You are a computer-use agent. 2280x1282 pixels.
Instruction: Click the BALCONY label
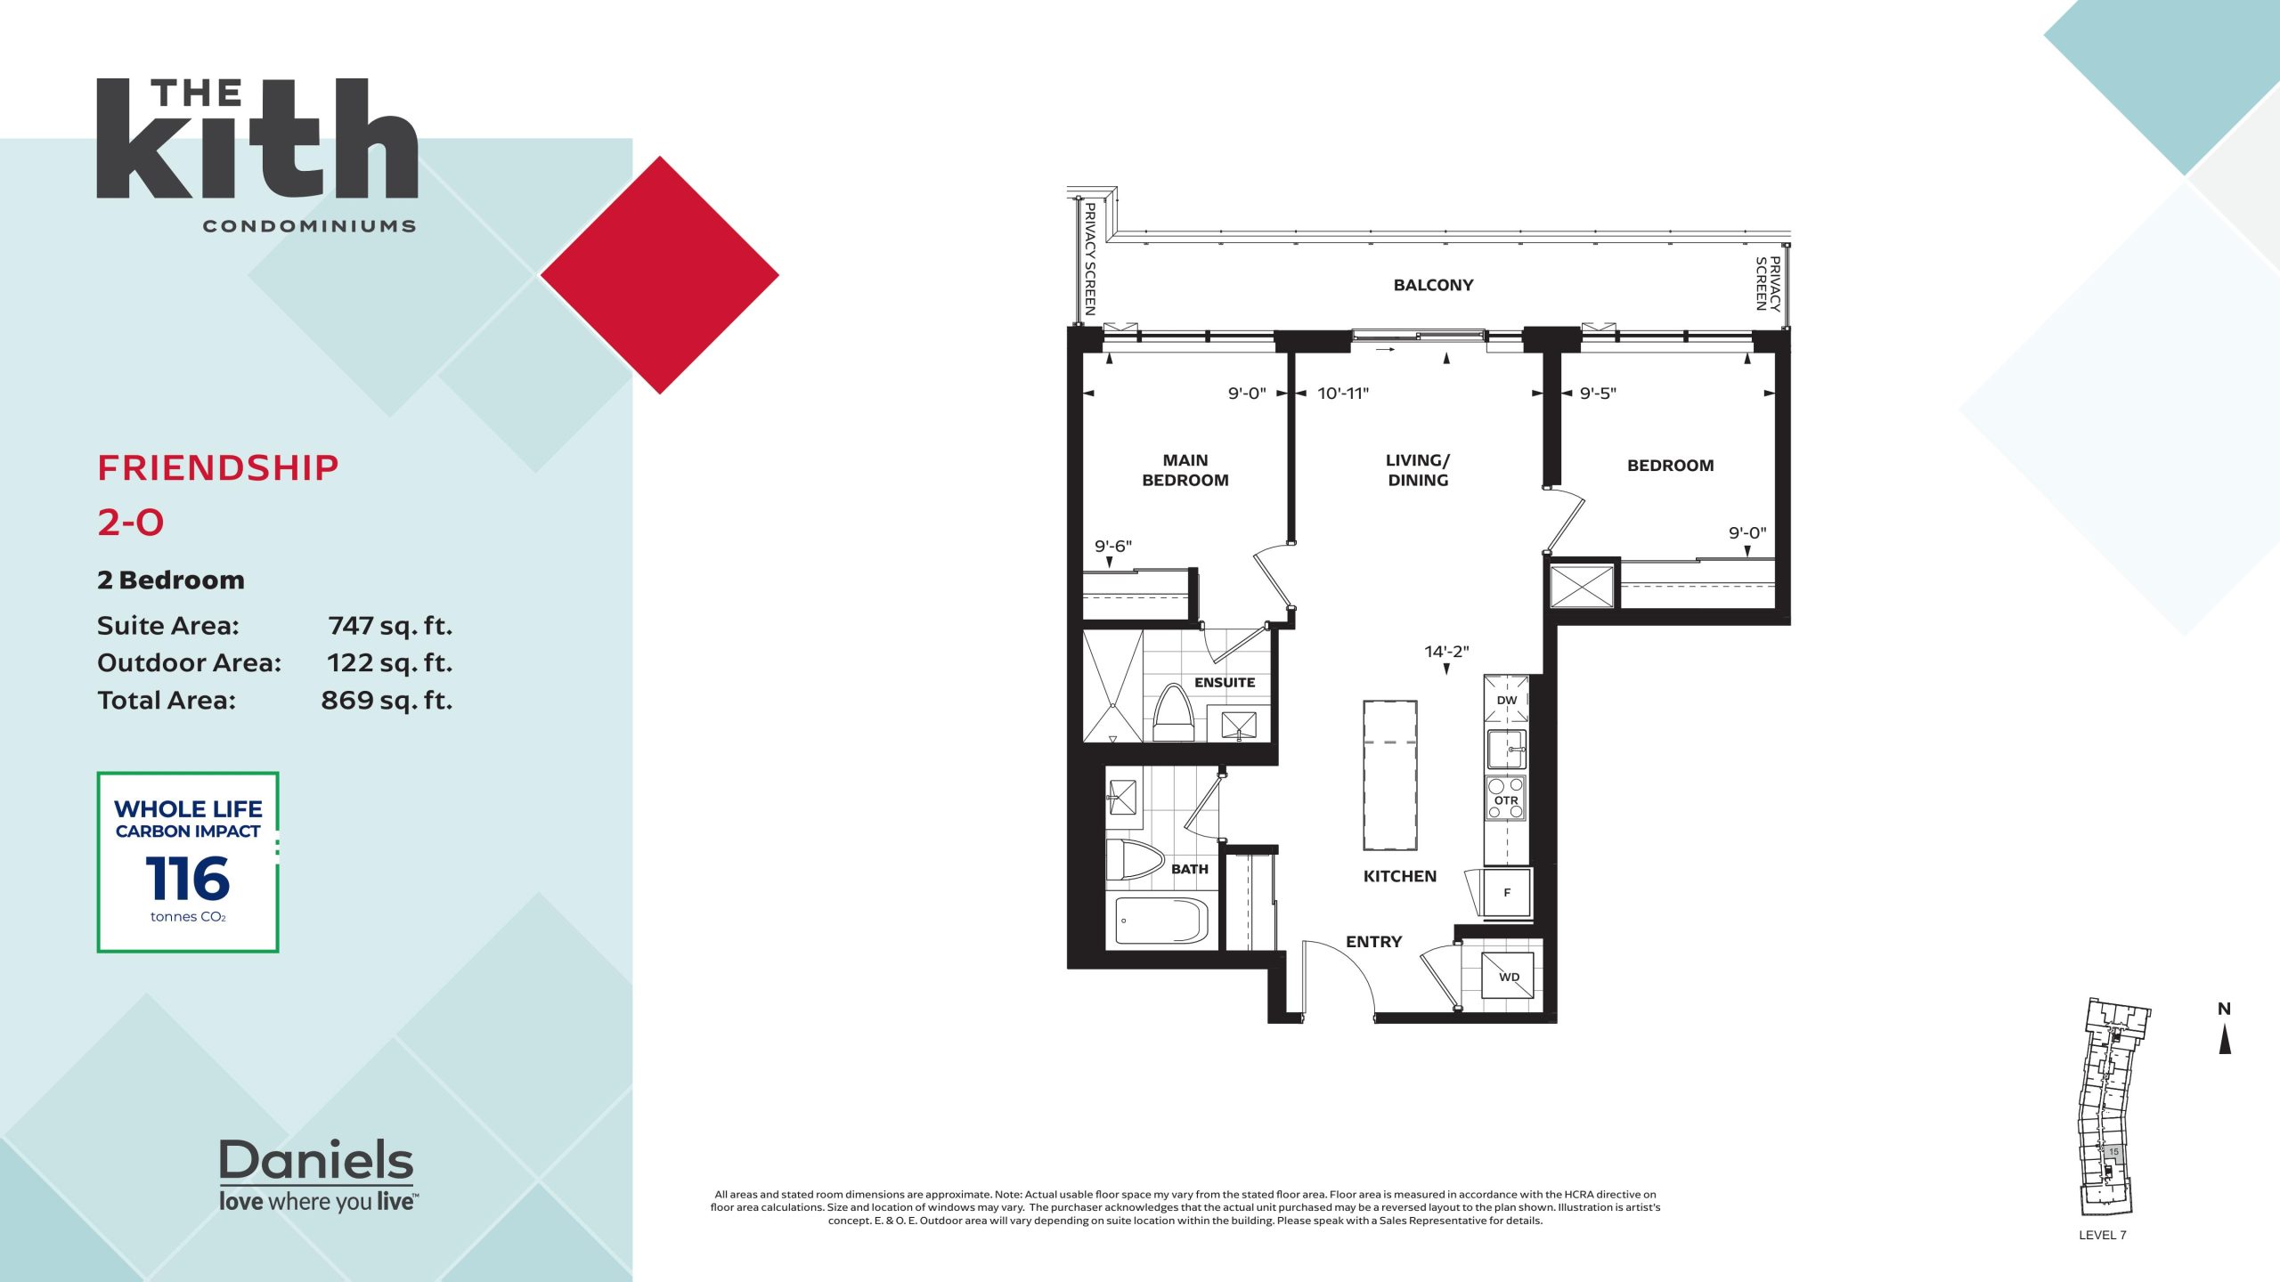[1433, 285]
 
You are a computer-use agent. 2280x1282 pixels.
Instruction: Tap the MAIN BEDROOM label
[1185, 470]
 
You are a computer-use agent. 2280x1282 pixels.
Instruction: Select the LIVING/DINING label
[1418, 470]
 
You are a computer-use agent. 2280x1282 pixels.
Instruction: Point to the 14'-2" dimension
[1446, 652]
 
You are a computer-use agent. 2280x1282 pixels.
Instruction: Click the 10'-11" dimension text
[1343, 394]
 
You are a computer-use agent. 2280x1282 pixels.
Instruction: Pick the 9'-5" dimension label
[1598, 394]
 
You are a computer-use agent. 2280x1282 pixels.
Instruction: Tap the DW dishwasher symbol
[1506, 699]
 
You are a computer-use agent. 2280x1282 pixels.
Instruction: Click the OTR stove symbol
[1506, 799]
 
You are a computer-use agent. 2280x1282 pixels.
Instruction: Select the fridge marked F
[1507, 892]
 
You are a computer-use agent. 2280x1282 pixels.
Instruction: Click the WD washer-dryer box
[1508, 976]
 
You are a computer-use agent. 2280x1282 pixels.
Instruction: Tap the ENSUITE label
[1225, 683]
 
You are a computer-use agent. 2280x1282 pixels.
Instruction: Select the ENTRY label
[1373, 942]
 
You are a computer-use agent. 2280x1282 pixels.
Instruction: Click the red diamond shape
[660, 275]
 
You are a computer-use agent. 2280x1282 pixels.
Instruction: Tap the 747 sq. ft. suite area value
[390, 626]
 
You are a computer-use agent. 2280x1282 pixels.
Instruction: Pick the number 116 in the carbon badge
[187, 879]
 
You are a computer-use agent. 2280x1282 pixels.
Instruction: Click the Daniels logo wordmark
[316, 1160]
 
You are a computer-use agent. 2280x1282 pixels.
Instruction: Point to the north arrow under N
[2225, 1039]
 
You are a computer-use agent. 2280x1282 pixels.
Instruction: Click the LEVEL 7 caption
[2102, 1235]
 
